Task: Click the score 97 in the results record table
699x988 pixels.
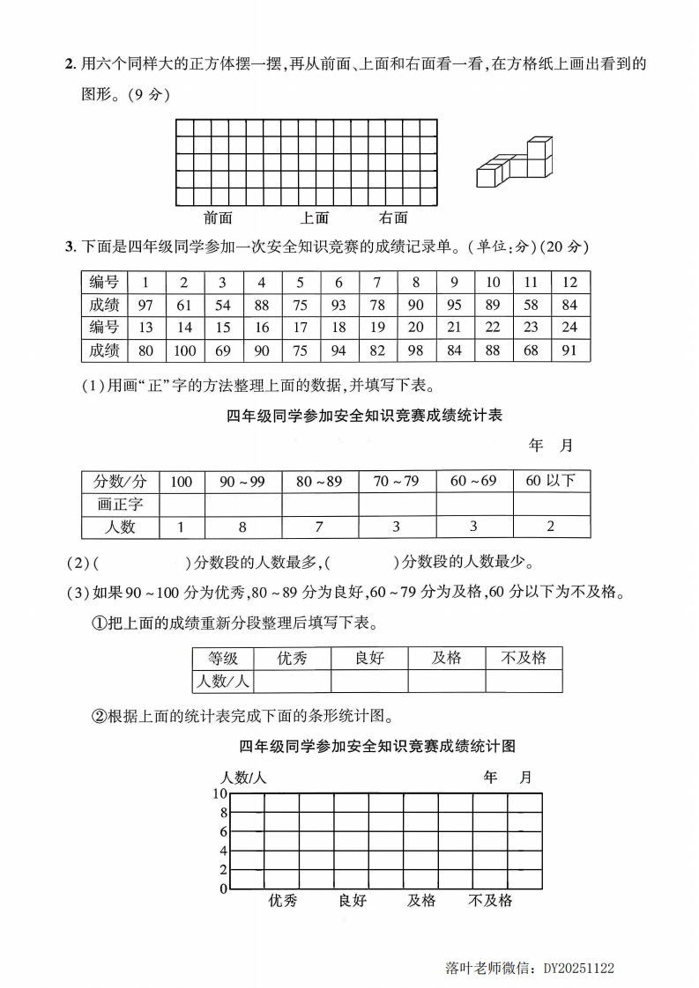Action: pyautogui.click(x=145, y=305)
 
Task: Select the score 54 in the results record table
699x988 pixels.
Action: pyautogui.click(x=223, y=305)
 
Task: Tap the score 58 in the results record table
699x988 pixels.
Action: pyautogui.click(x=531, y=305)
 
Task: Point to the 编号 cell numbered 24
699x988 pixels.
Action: pyautogui.click(x=569, y=328)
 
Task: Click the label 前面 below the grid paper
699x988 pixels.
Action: pyautogui.click(x=218, y=218)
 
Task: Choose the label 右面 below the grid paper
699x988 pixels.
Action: pyautogui.click(x=393, y=218)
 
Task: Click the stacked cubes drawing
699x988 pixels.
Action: pyautogui.click(x=515, y=162)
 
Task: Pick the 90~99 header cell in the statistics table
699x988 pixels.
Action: pyautogui.click(x=242, y=481)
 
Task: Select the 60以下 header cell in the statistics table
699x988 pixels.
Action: pyautogui.click(x=551, y=481)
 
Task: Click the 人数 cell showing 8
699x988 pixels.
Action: pyautogui.click(x=242, y=527)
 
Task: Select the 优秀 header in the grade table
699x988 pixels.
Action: pyautogui.click(x=292, y=658)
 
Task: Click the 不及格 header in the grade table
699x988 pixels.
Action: pyautogui.click(x=523, y=658)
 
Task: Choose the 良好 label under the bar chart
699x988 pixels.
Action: pyautogui.click(x=352, y=900)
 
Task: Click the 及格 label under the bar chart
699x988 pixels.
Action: pyautogui.click(x=421, y=900)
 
